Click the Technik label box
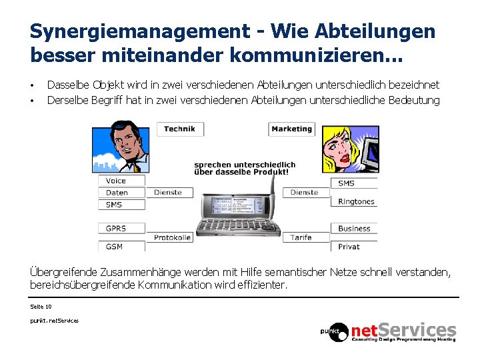tap(180, 129)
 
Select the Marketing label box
tap(292, 129)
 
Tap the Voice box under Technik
tap(121, 181)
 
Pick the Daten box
tap(121, 193)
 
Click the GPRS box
tap(121, 229)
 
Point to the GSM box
tap(121, 246)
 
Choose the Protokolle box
tap(172, 237)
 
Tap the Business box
tap(354, 229)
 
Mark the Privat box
tap(354, 246)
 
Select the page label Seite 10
tap(41, 307)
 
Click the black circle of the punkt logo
tap(335, 331)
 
